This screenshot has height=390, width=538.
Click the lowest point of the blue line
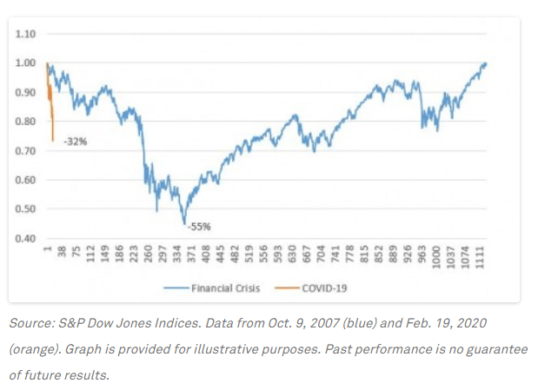coord(185,223)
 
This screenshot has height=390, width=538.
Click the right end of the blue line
coord(486,63)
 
